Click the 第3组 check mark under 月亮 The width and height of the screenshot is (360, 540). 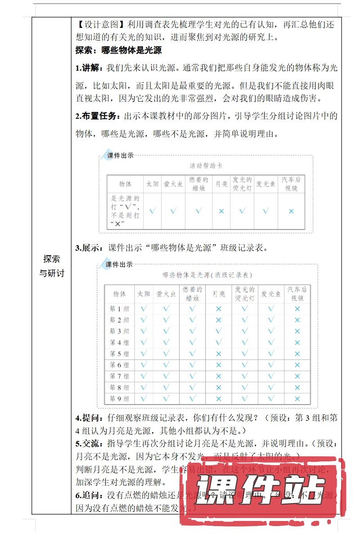(x=219, y=331)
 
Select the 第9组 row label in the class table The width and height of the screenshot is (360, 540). (x=119, y=399)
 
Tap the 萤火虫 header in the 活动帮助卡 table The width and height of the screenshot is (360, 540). (x=173, y=184)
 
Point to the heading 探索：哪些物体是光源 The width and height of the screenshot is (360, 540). (x=118, y=50)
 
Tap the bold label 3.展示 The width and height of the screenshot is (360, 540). (x=90, y=247)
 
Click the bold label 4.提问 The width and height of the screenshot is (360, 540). (x=90, y=417)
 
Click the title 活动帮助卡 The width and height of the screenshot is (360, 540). (x=206, y=166)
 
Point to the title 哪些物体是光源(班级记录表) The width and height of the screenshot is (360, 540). (x=207, y=274)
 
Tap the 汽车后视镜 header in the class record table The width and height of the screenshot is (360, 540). (x=297, y=293)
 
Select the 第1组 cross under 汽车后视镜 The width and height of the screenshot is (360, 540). (x=297, y=309)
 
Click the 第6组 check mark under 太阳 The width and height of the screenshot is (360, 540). (x=144, y=365)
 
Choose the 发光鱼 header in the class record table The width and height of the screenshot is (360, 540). (x=271, y=293)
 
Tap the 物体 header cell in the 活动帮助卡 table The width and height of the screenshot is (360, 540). (x=125, y=184)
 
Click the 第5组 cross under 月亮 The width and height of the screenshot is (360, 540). (x=219, y=354)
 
